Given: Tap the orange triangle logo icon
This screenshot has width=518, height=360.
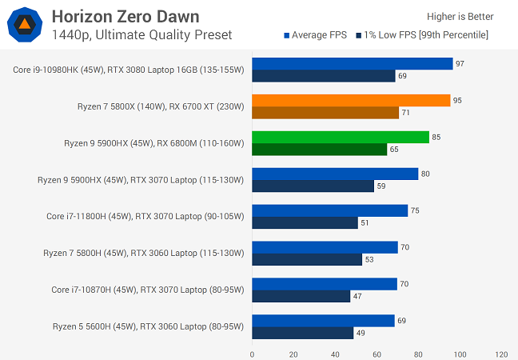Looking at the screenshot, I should [x=25, y=25].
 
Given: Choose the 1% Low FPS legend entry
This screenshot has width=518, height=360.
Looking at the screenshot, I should [x=425, y=34].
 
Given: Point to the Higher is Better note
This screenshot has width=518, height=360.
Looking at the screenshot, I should [x=460, y=16].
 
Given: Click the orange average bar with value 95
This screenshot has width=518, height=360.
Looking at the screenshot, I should [x=351, y=101].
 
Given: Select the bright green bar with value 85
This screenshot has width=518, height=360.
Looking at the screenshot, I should [x=341, y=137].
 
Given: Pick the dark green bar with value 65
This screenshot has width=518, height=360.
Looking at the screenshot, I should [x=320, y=150].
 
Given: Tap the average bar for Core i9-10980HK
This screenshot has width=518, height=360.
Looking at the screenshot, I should [x=353, y=64].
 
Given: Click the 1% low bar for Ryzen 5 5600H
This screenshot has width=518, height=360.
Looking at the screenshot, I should [x=303, y=333].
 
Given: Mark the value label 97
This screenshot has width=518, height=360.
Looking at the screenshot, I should [x=460, y=64].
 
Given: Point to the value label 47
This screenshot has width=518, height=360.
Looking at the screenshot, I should [x=356, y=296].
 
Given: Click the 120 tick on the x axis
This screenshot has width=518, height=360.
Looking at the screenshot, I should [x=501, y=354].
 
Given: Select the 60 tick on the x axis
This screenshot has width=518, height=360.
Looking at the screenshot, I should [x=377, y=354].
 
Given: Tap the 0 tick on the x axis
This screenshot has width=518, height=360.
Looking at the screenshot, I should [x=252, y=354].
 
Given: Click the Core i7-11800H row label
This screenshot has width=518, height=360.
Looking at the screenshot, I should [x=145, y=216].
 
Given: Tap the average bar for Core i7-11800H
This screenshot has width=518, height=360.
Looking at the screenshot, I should [x=330, y=210].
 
